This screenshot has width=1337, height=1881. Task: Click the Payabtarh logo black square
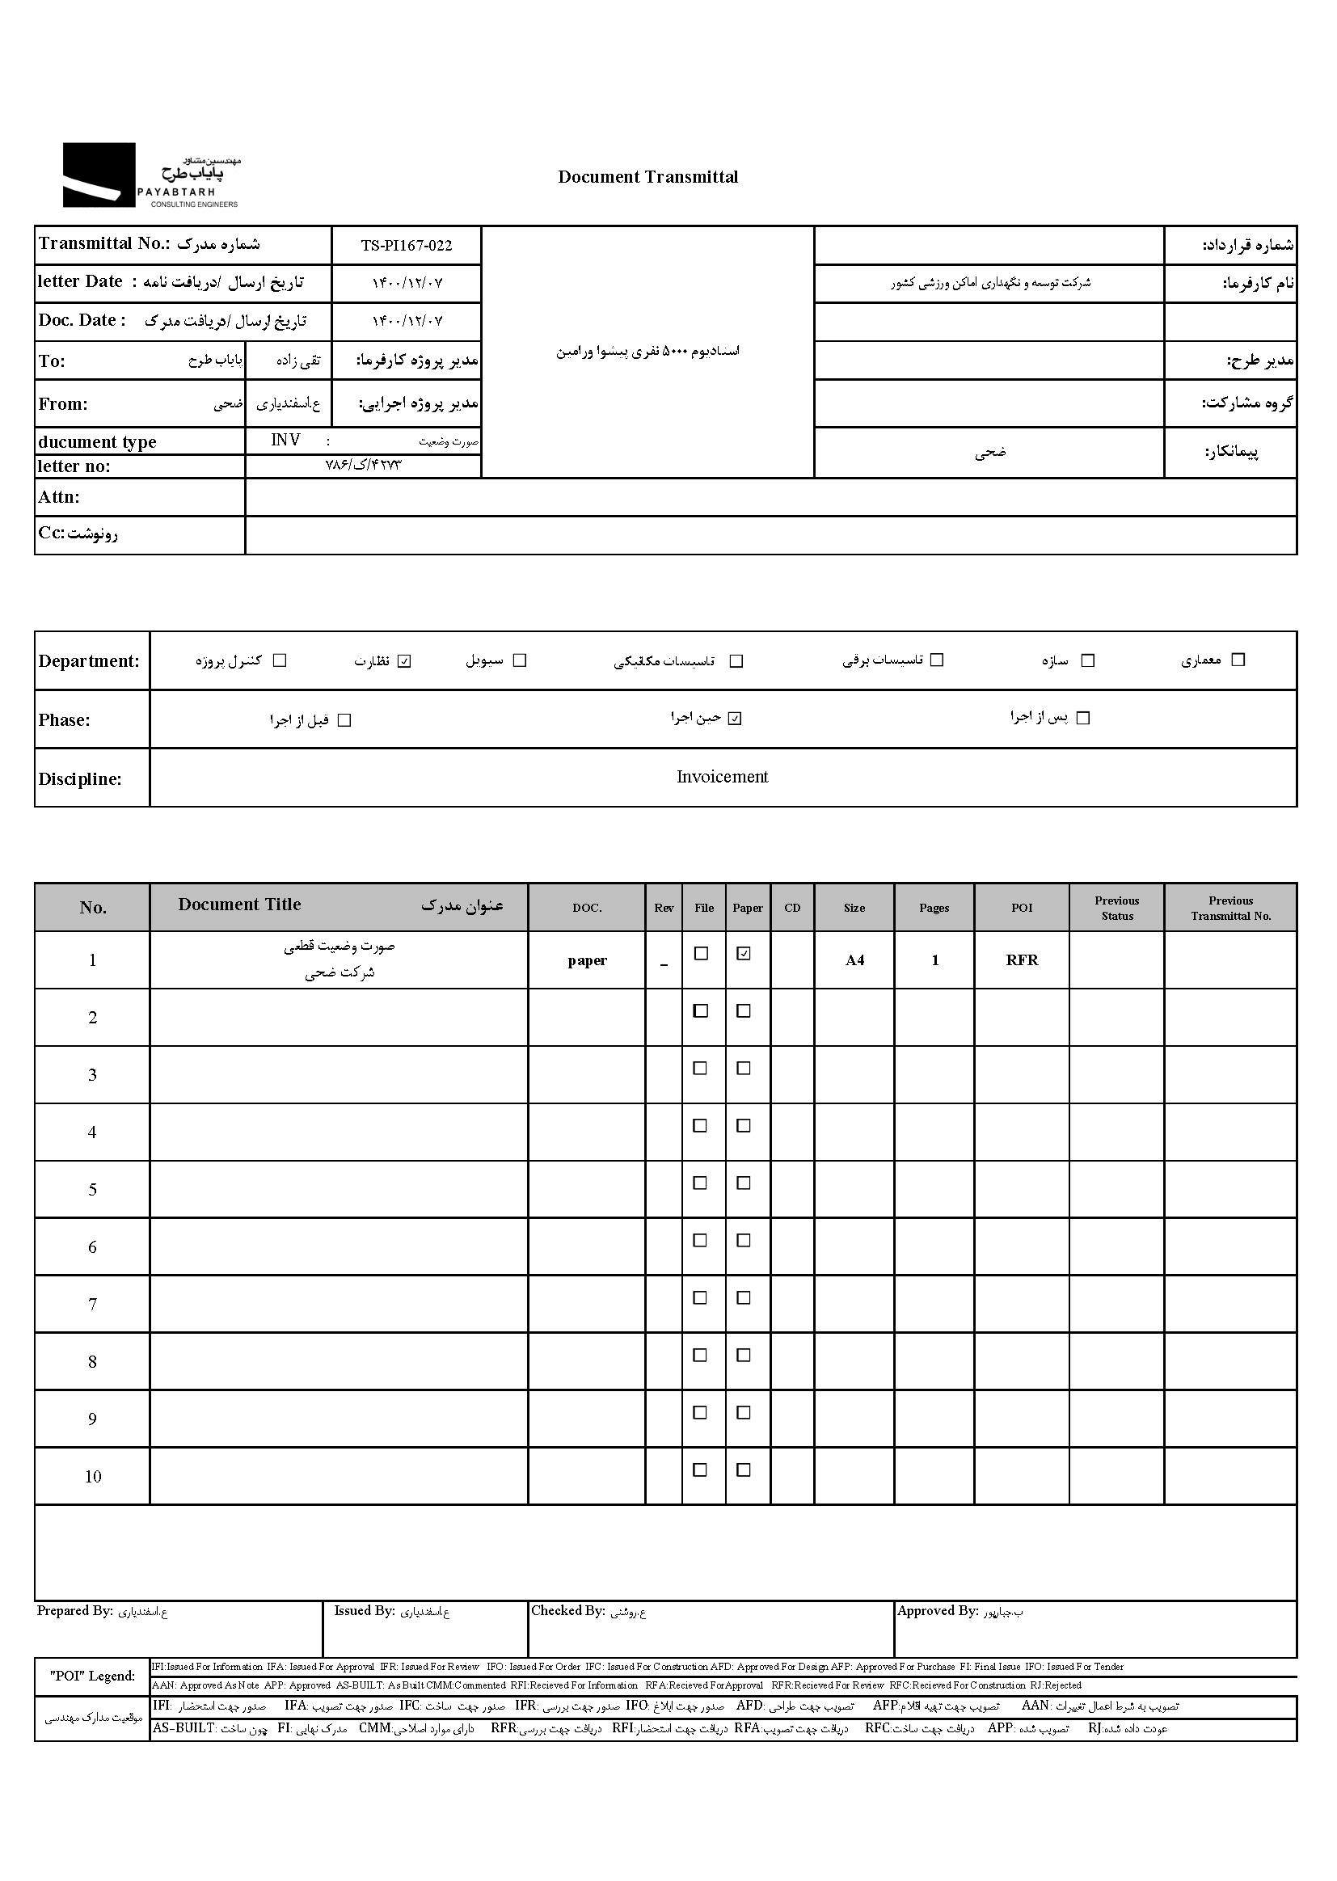tap(99, 175)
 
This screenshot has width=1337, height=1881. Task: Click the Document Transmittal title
tap(648, 177)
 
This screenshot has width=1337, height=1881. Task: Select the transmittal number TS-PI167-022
tap(406, 245)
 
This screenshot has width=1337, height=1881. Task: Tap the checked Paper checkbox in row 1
tap(744, 953)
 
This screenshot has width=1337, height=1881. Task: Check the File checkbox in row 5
tap(701, 1183)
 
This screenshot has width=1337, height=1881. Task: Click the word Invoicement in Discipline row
tap(722, 777)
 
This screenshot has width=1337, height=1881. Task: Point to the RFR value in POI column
tap(1022, 959)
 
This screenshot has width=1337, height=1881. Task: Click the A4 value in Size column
tap(854, 959)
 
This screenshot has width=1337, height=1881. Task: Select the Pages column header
tap(934, 908)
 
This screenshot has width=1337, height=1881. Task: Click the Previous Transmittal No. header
tap(1231, 908)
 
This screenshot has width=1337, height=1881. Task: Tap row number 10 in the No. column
tap(93, 1477)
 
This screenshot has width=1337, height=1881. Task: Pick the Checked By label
tap(568, 1611)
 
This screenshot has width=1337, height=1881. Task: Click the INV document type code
tap(285, 441)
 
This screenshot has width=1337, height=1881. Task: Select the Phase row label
tap(64, 720)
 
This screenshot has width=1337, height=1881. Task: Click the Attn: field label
tap(59, 497)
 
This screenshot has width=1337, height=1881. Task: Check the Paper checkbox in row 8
tap(744, 1355)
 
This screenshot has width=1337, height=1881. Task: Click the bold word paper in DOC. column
tap(587, 960)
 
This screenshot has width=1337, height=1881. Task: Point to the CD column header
tap(792, 908)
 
